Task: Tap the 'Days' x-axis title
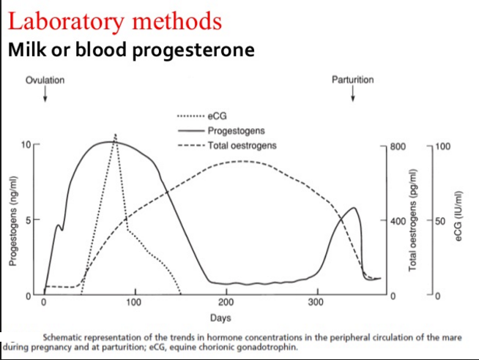220,318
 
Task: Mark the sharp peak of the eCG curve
115,136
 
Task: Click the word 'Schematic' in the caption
67,337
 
